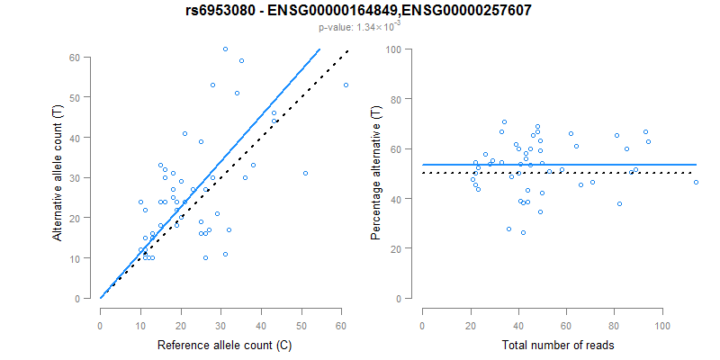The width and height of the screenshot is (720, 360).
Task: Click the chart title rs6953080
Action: point(359,11)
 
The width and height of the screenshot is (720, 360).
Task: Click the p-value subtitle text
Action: point(359,27)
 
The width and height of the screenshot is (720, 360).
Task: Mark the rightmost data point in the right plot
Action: point(696,183)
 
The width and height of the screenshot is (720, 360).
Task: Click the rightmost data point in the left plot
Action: point(346,85)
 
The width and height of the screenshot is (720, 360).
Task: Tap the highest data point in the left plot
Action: point(225,49)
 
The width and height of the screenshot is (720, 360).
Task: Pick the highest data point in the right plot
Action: point(505,121)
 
